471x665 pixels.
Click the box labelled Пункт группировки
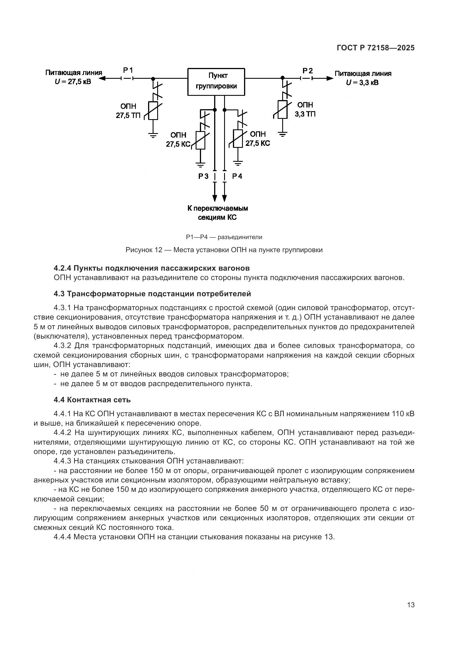216,82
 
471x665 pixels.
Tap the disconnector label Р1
128,70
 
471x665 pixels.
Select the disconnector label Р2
308,71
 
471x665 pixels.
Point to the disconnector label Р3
203,176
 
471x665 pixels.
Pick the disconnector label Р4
237,176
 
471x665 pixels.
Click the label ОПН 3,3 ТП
305,109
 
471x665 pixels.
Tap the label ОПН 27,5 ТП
128,111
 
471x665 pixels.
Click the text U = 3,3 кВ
362,83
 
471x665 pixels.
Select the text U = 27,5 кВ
73,82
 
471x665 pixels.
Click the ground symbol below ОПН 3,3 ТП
282,134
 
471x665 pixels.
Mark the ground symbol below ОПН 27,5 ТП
153,135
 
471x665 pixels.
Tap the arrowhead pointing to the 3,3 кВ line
329,78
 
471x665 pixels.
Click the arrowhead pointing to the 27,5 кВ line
101,78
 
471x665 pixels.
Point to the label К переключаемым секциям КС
217,213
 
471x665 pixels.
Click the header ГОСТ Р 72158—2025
376,48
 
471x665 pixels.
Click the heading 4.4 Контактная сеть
92,400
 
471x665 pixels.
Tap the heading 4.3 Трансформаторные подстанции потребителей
152,294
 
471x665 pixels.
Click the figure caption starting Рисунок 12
224,250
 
